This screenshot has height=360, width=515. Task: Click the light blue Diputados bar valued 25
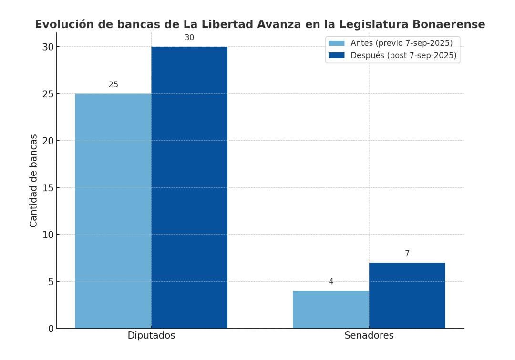click(113, 211)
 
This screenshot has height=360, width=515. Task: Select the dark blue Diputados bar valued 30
click(189, 187)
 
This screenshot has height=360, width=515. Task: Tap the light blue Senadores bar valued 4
click(330, 309)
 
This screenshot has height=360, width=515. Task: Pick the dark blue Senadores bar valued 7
click(407, 295)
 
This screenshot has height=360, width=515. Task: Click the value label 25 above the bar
click(113, 85)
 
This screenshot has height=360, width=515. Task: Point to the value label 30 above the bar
click(189, 38)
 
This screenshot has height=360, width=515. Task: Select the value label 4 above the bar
click(331, 282)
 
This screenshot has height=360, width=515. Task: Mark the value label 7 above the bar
click(407, 254)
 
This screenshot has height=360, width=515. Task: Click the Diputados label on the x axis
click(151, 336)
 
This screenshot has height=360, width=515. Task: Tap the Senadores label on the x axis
click(369, 336)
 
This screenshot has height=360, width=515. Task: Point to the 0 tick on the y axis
click(51, 329)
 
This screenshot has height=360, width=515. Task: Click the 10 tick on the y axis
click(48, 235)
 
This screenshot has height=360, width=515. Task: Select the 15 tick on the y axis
click(48, 187)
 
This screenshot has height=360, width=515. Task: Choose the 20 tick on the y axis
click(48, 141)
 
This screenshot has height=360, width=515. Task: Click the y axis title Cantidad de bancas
click(33, 180)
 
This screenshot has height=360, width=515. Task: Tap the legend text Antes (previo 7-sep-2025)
click(401, 43)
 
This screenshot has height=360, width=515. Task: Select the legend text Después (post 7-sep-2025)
click(403, 55)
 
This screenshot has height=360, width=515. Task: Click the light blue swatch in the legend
click(336, 43)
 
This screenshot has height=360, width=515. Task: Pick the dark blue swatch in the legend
click(336, 55)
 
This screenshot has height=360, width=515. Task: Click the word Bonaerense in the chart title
click(448, 24)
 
